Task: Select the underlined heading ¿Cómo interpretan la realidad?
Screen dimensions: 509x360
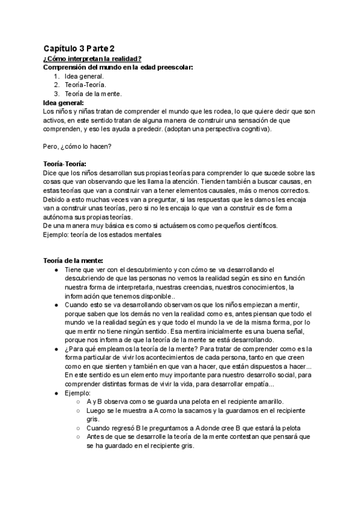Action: tap(92, 58)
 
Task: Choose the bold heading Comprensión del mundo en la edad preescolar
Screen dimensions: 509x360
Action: tap(118, 67)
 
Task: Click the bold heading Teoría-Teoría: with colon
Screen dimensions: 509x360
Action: tap(65, 164)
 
